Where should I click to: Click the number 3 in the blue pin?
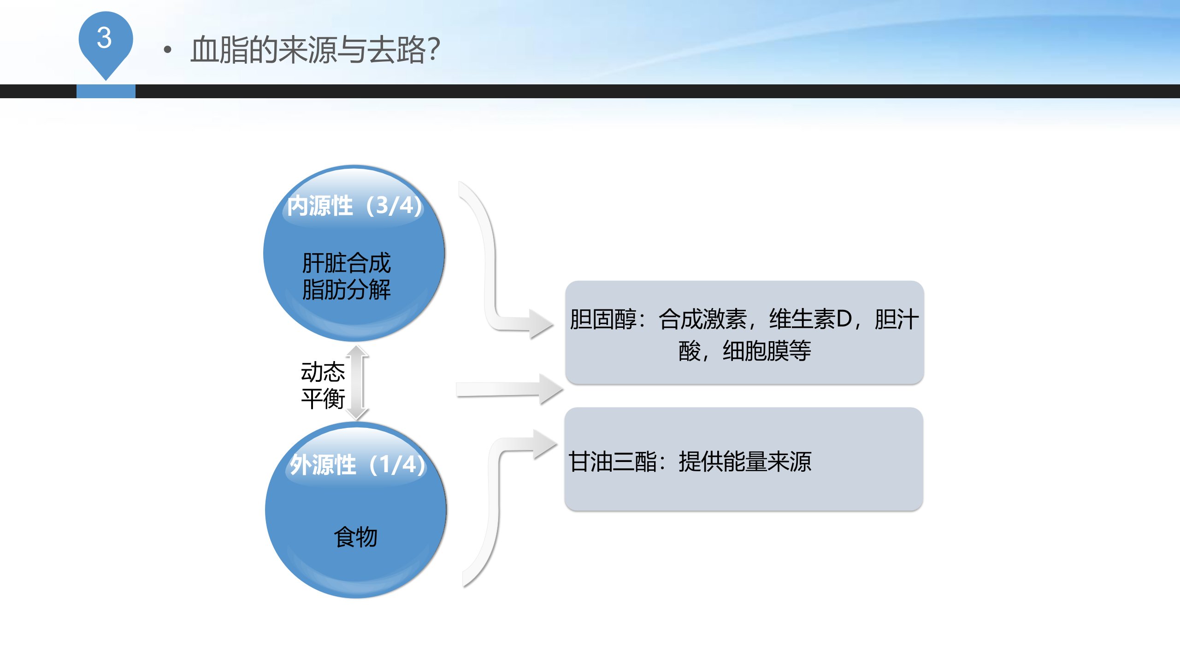[x=105, y=38]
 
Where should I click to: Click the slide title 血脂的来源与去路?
[x=315, y=49]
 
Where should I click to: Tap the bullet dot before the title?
[x=167, y=50]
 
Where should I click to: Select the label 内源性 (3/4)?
[x=354, y=206]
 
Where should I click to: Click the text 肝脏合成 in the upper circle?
[x=346, y=263]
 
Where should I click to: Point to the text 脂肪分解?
[x=346, y=290]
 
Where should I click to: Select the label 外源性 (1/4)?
[x=357, y=464]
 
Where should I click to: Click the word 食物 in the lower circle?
[x=355, y=537]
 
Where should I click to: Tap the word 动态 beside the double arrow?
[x=323, y=372]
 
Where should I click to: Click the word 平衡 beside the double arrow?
[x=323, y=398]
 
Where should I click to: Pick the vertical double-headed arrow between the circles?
[x=357, y=383]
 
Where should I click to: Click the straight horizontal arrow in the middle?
[x=509, y=389]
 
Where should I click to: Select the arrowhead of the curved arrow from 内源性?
[x=541, y=324]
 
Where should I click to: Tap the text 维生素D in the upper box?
[x=811, y=319]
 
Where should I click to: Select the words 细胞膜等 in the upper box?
[x=767, y=350]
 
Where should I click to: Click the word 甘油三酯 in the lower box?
[x=613, y=461]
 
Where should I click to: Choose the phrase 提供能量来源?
[x=745, y=461]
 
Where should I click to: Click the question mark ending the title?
[x=434, y=49]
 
